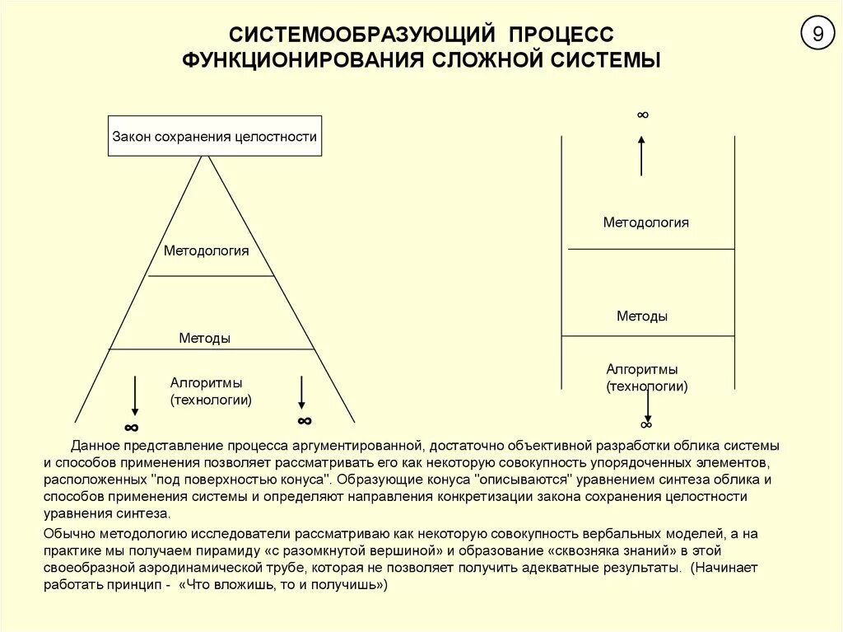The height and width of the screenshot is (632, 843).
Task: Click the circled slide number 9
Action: click(817, 34)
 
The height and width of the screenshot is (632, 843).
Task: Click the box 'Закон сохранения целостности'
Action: click(215, 137)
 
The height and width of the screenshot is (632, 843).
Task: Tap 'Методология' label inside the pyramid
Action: click(206, 250)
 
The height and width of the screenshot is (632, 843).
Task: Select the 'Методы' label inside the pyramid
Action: click(204, 338)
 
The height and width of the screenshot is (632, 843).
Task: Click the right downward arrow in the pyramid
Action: click(302, 392)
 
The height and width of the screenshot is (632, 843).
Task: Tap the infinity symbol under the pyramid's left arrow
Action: click(131, 427)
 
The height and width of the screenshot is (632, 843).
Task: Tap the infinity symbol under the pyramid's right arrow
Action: click(305, 420)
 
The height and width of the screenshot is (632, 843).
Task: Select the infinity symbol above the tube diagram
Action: click(642, 115)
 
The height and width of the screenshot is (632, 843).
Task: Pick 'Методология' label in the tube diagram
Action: click(645, 222)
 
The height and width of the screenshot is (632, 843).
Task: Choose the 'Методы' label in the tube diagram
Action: click(642, 316)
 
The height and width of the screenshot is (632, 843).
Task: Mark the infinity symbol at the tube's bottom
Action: click(645, 424)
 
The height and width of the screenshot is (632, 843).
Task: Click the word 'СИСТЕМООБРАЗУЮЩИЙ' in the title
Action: click(362, 35)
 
